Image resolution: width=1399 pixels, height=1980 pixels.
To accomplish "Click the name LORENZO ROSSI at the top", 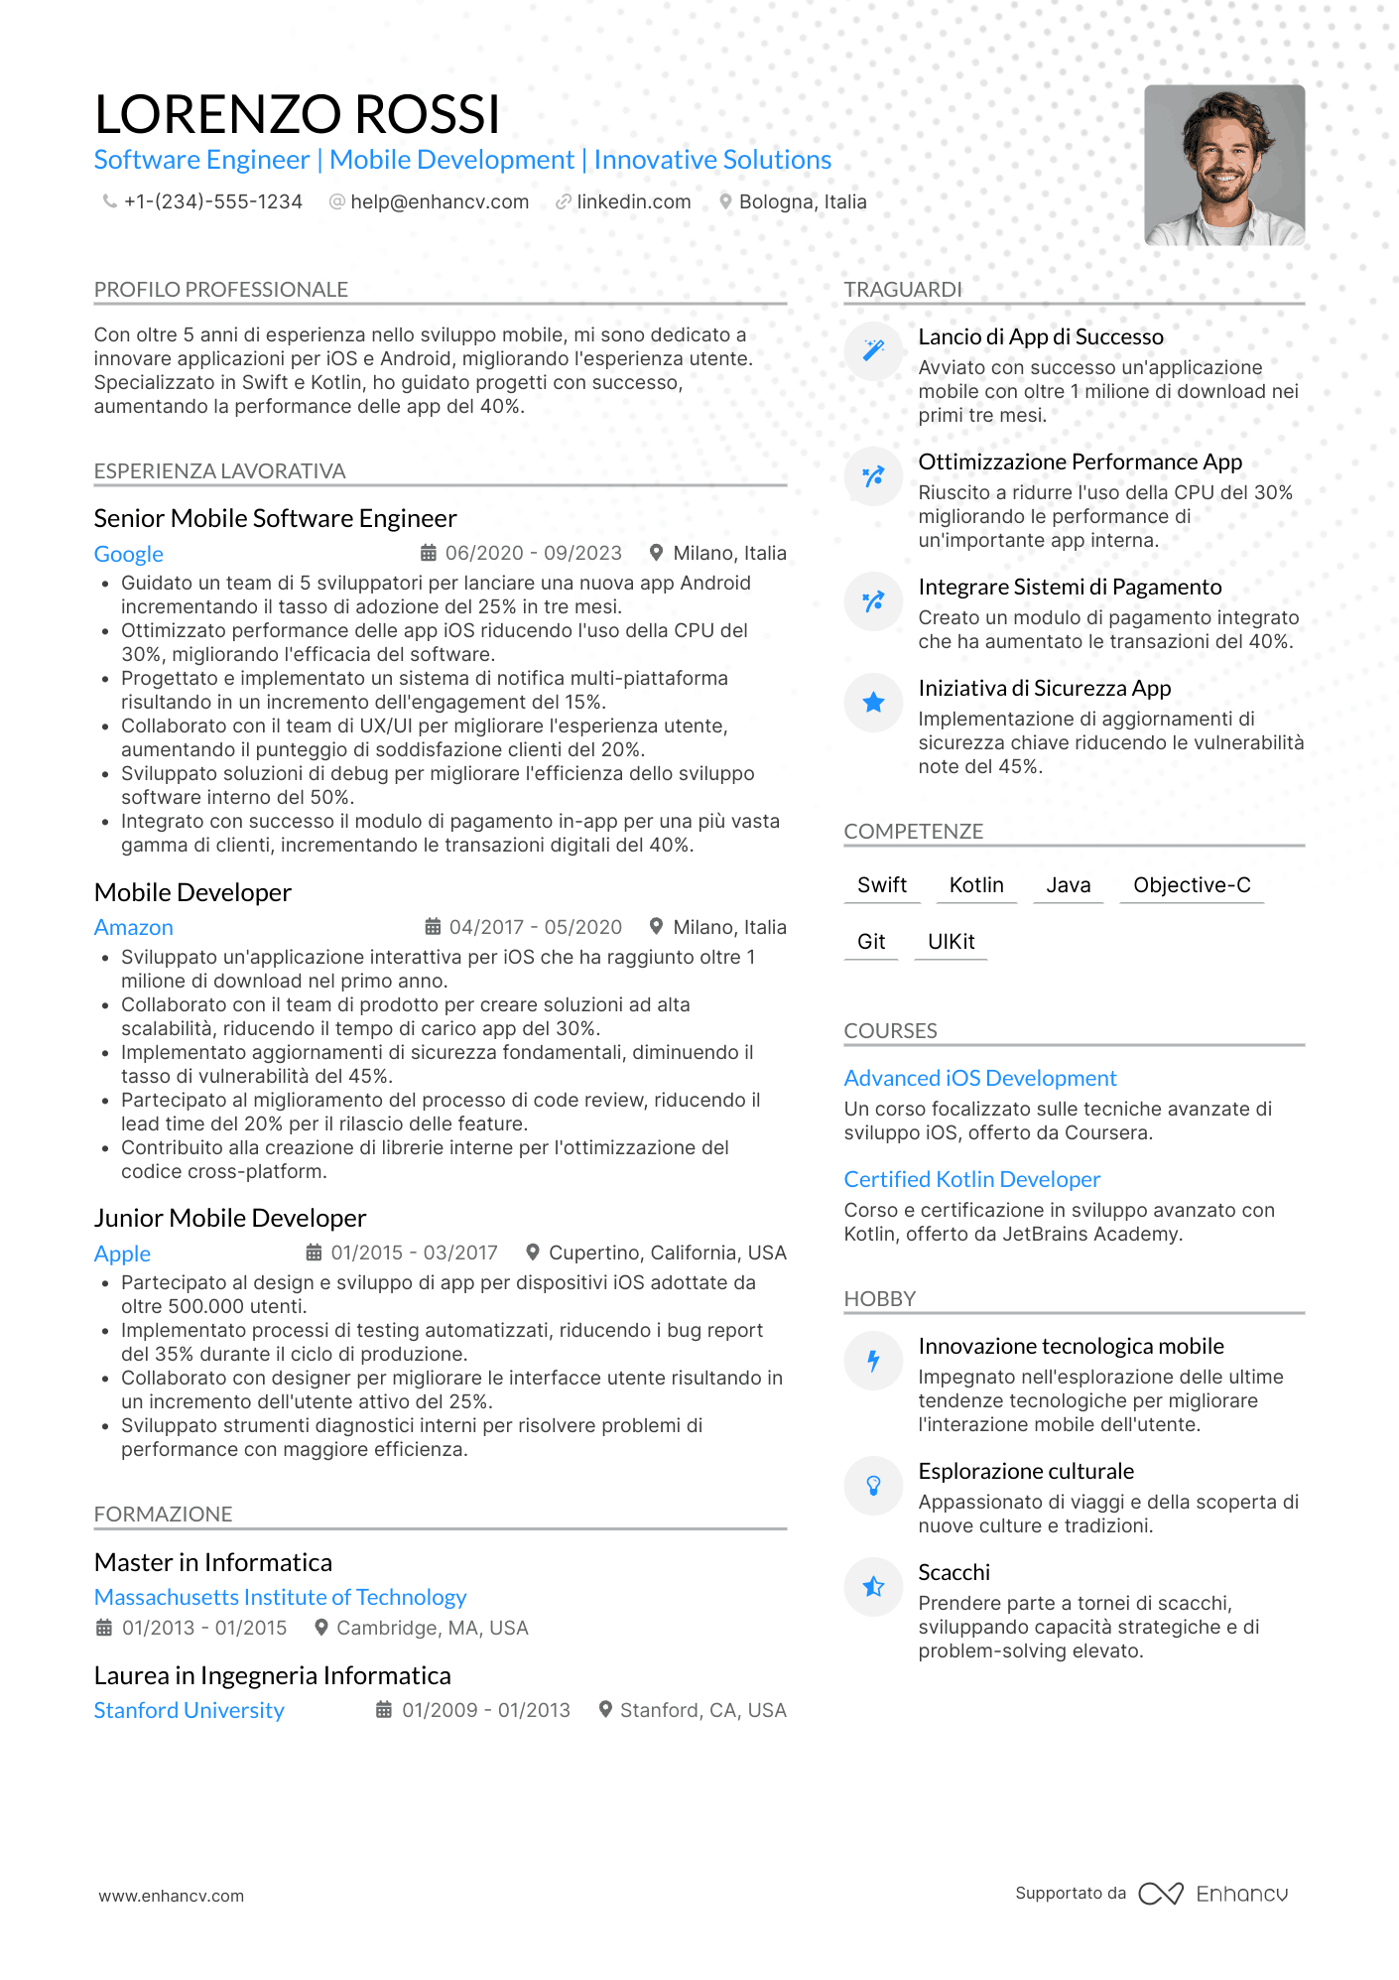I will (x=297, y=114).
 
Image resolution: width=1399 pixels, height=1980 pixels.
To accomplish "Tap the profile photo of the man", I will (x=1223, y=165).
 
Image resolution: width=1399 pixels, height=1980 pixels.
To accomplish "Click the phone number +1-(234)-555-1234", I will (x=212, y=201).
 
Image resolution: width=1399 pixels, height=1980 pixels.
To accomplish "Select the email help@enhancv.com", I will (x=439, y=201).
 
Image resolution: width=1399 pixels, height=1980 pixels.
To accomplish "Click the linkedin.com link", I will (x=633, y=201).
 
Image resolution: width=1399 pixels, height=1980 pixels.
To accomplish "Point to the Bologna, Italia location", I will (x=802, y=201).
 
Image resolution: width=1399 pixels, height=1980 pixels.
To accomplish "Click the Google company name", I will (x=129, y=554).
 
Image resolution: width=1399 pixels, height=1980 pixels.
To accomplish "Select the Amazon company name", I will (x=134, y=927).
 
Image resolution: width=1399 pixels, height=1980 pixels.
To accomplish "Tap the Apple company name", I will (x=122, y=1254).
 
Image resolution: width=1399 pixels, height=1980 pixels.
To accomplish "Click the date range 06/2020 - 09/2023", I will (x=533, y=553).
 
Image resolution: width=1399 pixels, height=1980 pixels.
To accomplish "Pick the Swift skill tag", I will (x=882, y=884).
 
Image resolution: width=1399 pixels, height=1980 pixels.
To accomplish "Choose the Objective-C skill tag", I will (x=1192, y=884).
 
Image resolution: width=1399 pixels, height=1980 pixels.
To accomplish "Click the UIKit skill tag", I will (x=951, y=941).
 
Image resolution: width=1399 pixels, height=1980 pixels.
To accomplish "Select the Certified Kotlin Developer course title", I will (x=972, y=1179).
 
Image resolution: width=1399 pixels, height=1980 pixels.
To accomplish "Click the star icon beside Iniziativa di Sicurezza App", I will (x=873, y=703).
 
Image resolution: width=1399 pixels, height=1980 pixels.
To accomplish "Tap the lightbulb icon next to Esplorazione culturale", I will (x=873, y=1486).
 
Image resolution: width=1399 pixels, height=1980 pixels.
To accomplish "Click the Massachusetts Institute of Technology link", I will (x=280, y=1597).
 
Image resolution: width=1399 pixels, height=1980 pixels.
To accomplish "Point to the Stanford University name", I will (x=189, y=1710).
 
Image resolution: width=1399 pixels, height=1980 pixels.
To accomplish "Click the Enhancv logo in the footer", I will (x=1213, y=1894).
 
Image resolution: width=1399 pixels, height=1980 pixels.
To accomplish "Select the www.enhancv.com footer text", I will (x=171, y=1896).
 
